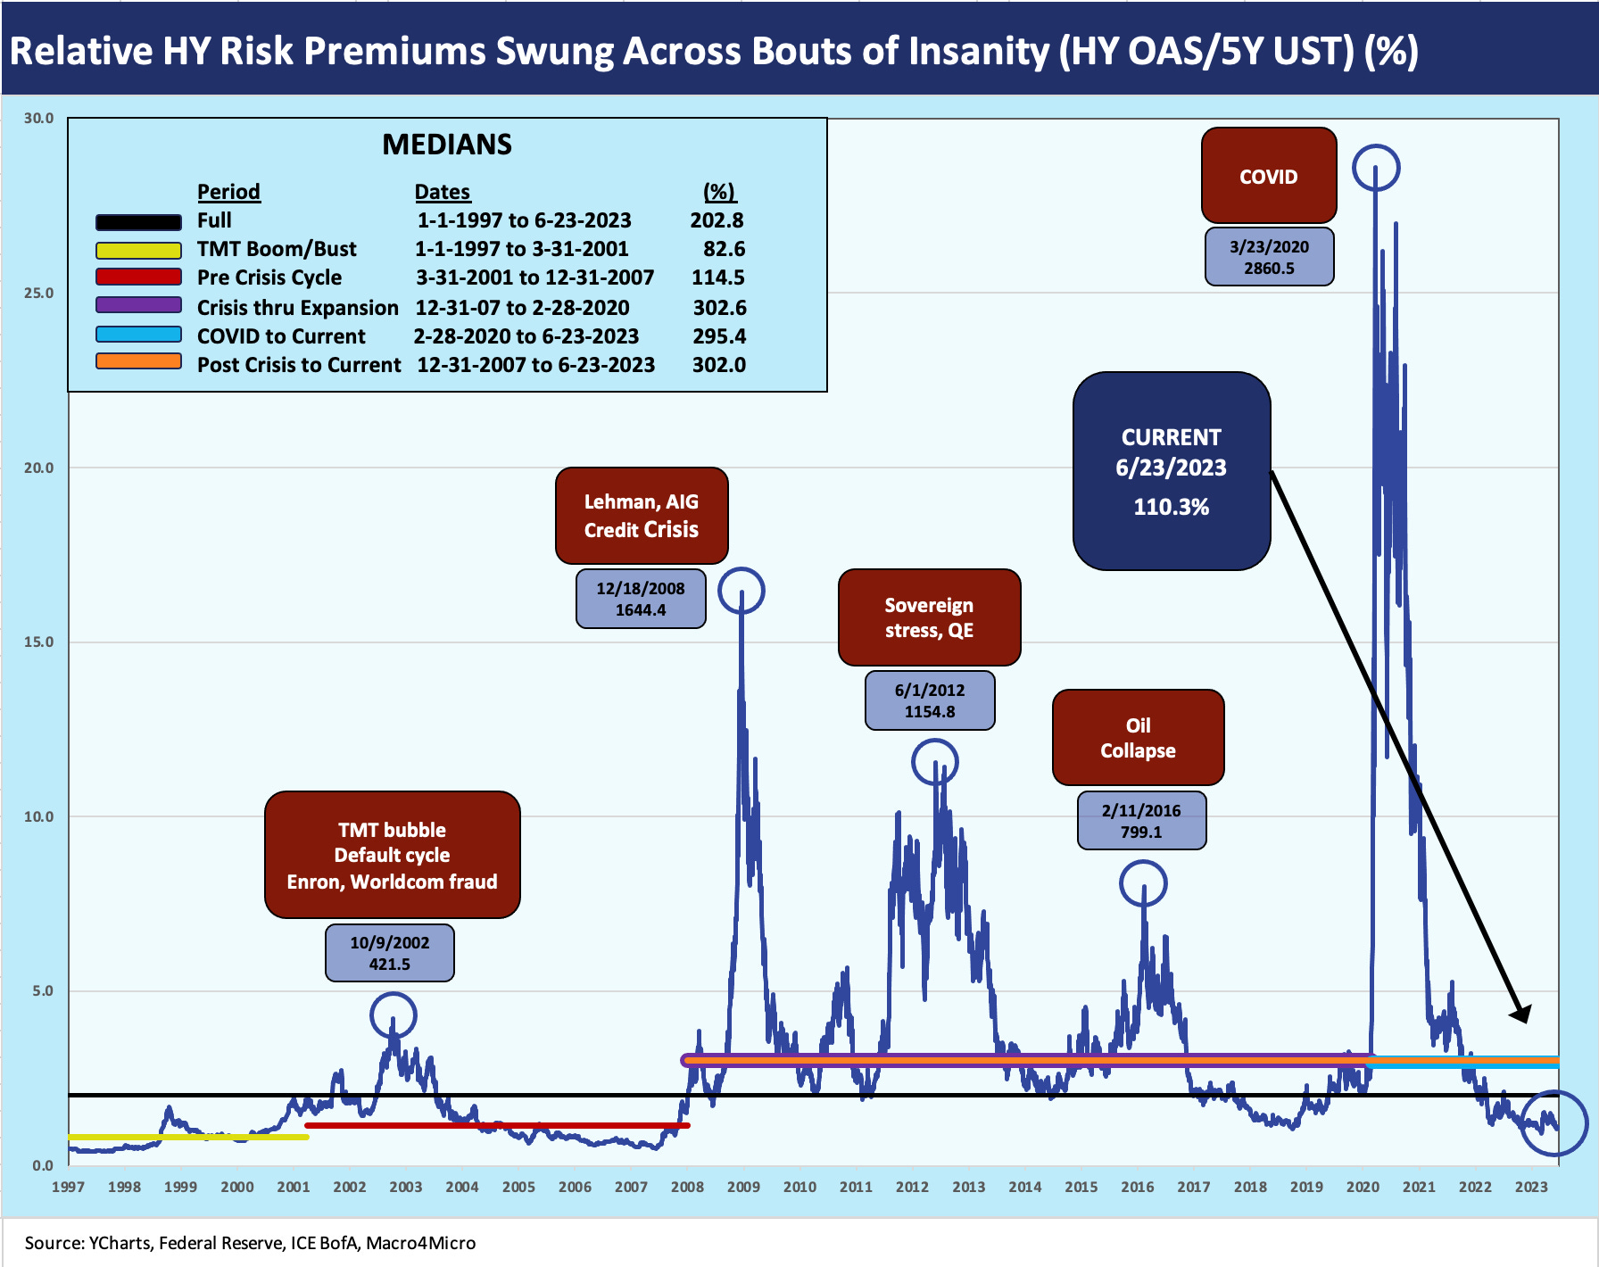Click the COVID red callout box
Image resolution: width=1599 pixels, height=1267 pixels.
point(1268,176)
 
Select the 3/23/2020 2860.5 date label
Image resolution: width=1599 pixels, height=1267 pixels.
point(1269,257)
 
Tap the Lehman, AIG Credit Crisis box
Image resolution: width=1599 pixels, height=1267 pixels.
point(641,515)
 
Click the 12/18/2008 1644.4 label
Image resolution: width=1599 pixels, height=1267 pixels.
point(641,599)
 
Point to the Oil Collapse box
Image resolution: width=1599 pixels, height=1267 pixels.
point(1138,737)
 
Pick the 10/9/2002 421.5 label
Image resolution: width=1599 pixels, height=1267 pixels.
point(389,953)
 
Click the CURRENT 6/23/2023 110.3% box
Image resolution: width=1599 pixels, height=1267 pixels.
point(1171,471)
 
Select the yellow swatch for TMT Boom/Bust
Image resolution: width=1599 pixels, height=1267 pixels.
point(138,250)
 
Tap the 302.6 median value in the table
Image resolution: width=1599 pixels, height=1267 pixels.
point(719,308)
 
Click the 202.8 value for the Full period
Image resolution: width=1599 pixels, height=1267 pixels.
point(717,220)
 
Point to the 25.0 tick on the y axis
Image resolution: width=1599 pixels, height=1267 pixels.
point(38,293)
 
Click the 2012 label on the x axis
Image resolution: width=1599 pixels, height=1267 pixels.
point(912,1187)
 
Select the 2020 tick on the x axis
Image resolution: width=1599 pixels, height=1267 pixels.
point(1363,1187)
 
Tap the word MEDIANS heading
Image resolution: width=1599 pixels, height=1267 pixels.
point(447,145)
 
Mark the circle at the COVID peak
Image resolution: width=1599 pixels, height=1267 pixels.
point(1376,168)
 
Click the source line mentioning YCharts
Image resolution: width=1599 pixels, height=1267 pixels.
point(250,1243)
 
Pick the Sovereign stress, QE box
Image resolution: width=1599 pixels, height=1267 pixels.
point(929,617)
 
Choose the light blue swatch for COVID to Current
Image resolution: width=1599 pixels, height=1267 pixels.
point(138,335)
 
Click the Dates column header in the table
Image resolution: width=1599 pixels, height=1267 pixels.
point(442,192)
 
